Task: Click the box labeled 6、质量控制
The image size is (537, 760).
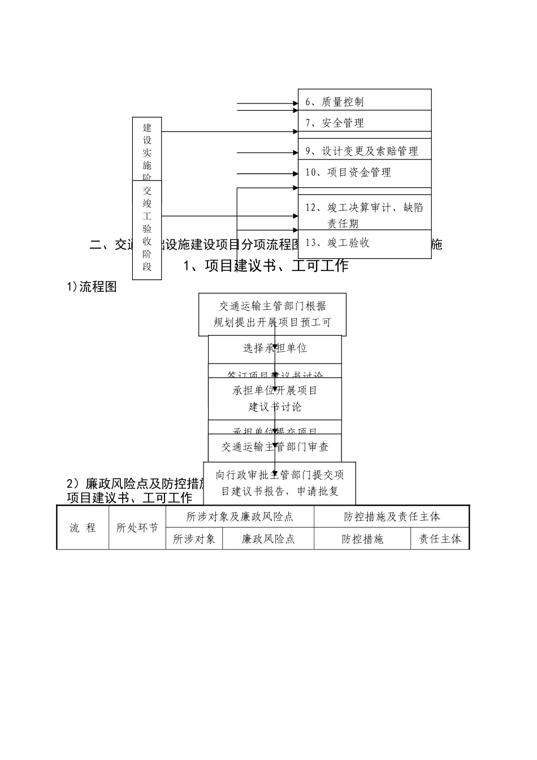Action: [x=365, y=102]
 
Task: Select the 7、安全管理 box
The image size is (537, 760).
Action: [x=365, y=122]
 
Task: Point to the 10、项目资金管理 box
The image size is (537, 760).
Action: [x=365, y=172]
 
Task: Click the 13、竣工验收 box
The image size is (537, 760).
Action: [x=365, y=243]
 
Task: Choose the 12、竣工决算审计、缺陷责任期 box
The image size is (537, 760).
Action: [x=365, y=215]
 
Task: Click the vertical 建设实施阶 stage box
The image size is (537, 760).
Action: [x=147, y=150]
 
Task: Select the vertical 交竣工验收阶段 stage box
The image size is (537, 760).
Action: [x=147, y=229]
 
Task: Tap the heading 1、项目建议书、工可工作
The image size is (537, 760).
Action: [x=266, y=265]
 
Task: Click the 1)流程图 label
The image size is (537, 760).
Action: [x=92, y=287]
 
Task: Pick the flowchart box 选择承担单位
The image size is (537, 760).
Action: [x=275, y=348]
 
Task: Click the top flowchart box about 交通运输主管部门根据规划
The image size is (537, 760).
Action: [x=272, y=314]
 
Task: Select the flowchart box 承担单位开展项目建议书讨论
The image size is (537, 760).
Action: [x=275, y=398]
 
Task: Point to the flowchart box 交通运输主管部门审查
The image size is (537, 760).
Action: [x=275, y=447]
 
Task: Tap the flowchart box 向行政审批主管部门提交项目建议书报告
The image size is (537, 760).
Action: [x=279, y=482]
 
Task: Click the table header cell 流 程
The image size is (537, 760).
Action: [x=83, y=528]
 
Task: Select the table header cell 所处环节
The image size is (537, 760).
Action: [x=137, y=528]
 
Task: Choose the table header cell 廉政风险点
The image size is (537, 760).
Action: [x=268, y=539]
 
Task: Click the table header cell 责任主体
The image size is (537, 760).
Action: [x=440, y=539]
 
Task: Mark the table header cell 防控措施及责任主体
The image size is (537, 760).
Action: [x=391, y=516]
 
